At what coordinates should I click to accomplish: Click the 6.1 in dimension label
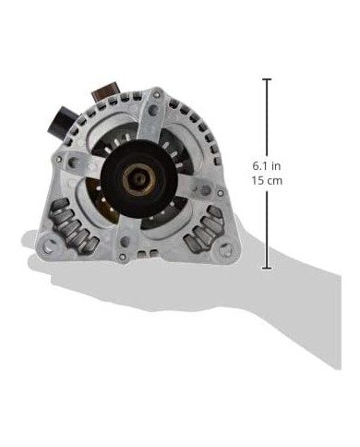(x=267, y=166)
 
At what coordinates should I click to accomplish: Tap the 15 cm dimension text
(x=267, y=181)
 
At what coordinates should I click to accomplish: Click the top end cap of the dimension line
(x=267, y=79)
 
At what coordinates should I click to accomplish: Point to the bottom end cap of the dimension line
(x=267, y=269)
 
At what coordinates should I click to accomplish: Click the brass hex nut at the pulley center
(x=139, y=179)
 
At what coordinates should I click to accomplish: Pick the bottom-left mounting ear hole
(x=48, y=245)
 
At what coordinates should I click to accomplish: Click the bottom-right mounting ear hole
(x=225, y=248)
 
